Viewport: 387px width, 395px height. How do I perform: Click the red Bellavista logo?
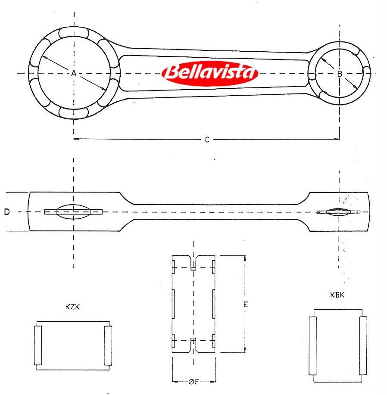pyautogui.click(x=210, y=73)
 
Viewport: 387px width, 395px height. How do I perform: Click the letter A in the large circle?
pyautogui.click(x=74, y=73)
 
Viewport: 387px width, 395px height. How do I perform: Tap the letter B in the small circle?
pyautogui.click(x=340, y=74)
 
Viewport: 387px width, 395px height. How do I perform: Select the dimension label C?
pyautogui.click(x=207, y=140)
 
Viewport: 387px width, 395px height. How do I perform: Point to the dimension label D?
pyautogui.click(x=7, y=212)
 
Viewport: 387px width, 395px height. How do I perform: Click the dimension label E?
pyautogui.click(x=246, y=304)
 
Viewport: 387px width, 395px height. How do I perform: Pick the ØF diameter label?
pyautogui.click(x=193, y=382)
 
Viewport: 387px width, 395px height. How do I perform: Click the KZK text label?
pyautogui.click(x=72, y=307)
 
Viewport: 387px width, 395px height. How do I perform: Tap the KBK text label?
pyautogui.click(x=337, y=295)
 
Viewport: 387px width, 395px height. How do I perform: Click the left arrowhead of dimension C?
pyautogui.click(x=75, y=139)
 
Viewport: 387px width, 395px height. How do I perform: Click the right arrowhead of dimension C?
pyautogui.click(x=337, y=139)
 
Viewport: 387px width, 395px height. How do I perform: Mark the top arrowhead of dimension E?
pyautogui.click(x=245, y=258)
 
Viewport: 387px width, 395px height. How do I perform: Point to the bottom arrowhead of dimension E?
pyautogui.click(x=245, y=350)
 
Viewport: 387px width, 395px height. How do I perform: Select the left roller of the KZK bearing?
pyautogui.click(x=38, y=345)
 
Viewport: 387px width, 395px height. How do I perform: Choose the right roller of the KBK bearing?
pyautogui.click(x=363, y=345)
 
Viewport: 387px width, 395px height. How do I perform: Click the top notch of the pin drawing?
pyautogui.click(x=193, y=263)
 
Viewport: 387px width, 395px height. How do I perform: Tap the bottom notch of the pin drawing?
pyautogui.click(x=193, y=345)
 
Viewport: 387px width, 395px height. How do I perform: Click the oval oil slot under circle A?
pyautogui.click(x=73, y=211)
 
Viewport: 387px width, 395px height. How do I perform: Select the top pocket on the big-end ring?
pyautogui.click(x=74, y=33)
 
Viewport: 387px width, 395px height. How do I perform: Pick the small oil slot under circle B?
pyautogui.click(x=338, y=212)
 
